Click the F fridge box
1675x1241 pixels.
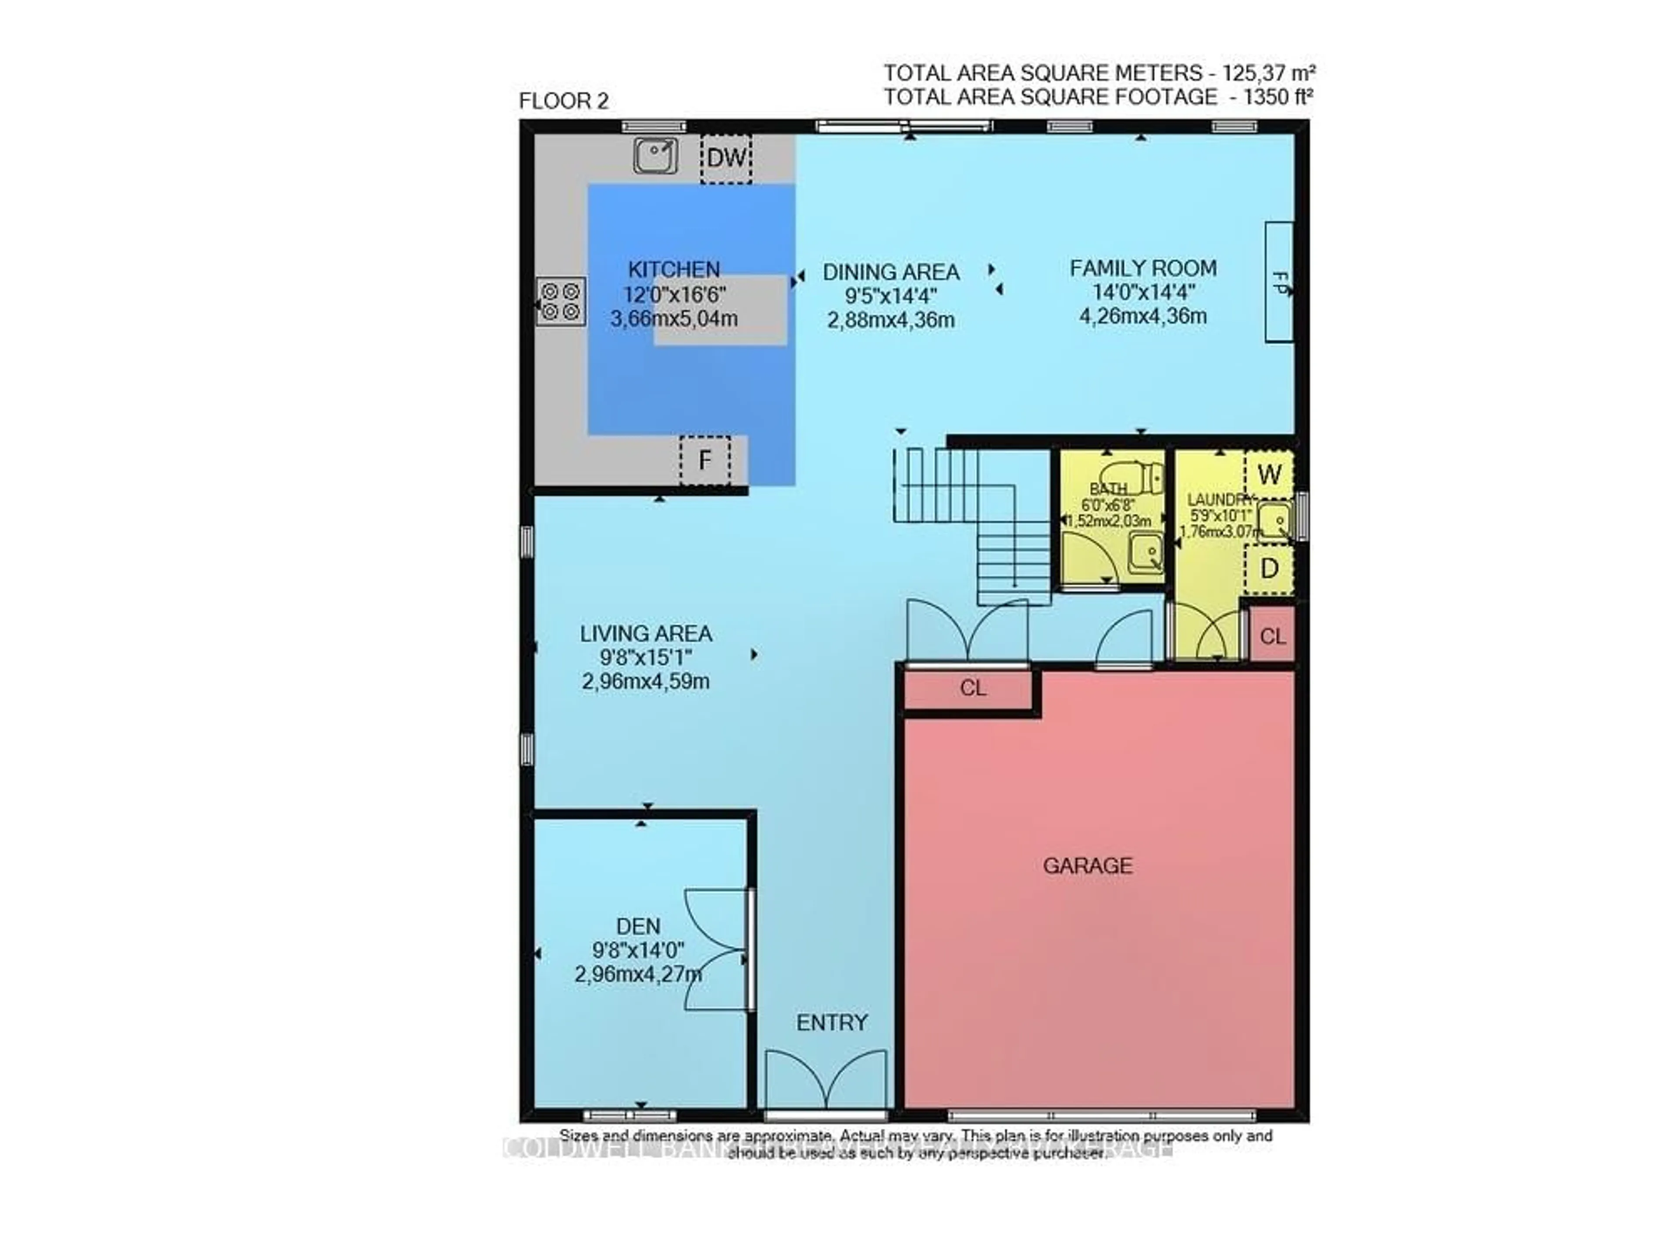[x=704, y=460]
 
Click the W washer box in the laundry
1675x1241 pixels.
[x=1268, y=475]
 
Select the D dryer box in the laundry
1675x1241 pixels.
[x=1268, y=569]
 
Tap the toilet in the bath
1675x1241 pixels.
[x=1134, y=477]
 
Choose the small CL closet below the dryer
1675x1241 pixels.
[x=1272, y=637]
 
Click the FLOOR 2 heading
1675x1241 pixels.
[x=563, y=101]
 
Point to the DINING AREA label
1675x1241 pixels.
[x=891, y=272]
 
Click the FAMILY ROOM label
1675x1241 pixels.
[x=1142, y=268]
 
